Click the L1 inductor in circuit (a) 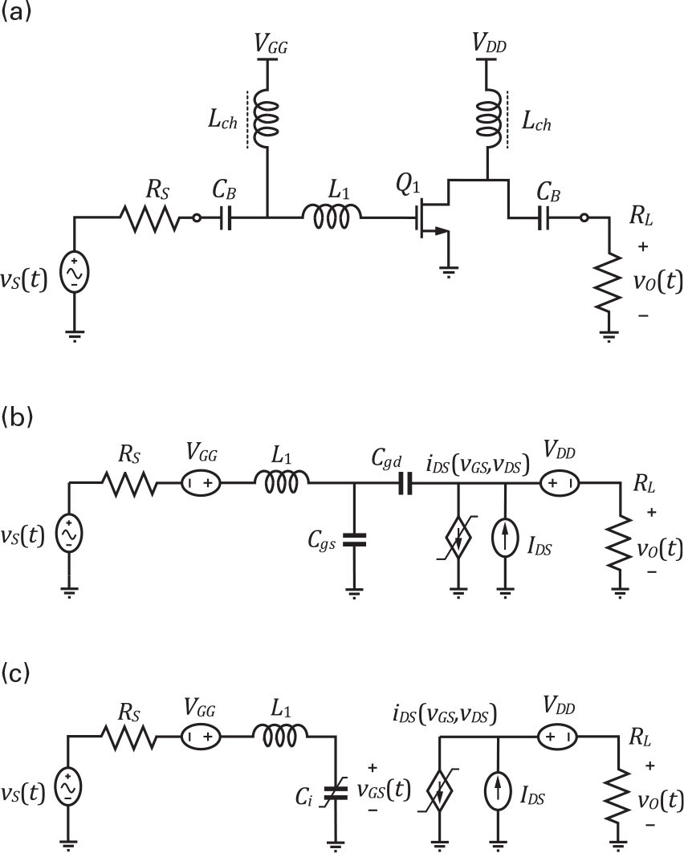point(332,216)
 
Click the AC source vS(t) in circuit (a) point(74,273)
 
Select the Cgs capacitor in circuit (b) point(353,542)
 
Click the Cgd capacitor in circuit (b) point(401,484)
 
